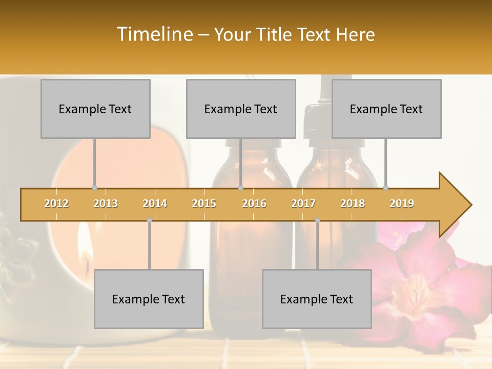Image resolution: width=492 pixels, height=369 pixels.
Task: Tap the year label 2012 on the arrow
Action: (56, 203)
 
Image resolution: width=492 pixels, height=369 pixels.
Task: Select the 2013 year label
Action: (106, 203)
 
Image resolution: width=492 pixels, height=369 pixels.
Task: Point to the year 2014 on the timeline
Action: (155, 203)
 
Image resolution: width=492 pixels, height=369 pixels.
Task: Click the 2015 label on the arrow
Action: (204, 203)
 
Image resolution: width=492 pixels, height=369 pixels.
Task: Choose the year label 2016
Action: (254, 203)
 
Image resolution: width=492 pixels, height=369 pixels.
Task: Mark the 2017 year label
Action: (303, 203)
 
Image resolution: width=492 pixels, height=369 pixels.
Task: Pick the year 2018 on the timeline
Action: (353, 203)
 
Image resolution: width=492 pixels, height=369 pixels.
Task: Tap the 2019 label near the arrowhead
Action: (402, 203)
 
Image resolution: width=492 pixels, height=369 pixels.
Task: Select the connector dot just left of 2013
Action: (94, 188)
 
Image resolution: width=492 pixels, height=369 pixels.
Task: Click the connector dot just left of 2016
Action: (240, 188)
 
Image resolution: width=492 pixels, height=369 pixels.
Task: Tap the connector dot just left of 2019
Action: (386, 188)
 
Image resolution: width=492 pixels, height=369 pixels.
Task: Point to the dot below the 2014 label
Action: (149, 220)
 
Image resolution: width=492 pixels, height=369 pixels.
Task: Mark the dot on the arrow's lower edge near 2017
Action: (317, 220)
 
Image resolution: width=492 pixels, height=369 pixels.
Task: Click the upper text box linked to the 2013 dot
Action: (95, 109)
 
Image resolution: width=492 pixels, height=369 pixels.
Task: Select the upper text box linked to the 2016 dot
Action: (241, 109)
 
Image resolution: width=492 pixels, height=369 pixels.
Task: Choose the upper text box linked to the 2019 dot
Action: (386, 109)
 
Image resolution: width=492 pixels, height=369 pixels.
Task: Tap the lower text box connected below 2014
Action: (149, 299)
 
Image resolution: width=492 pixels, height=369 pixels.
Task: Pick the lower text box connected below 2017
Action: (317, 299)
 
